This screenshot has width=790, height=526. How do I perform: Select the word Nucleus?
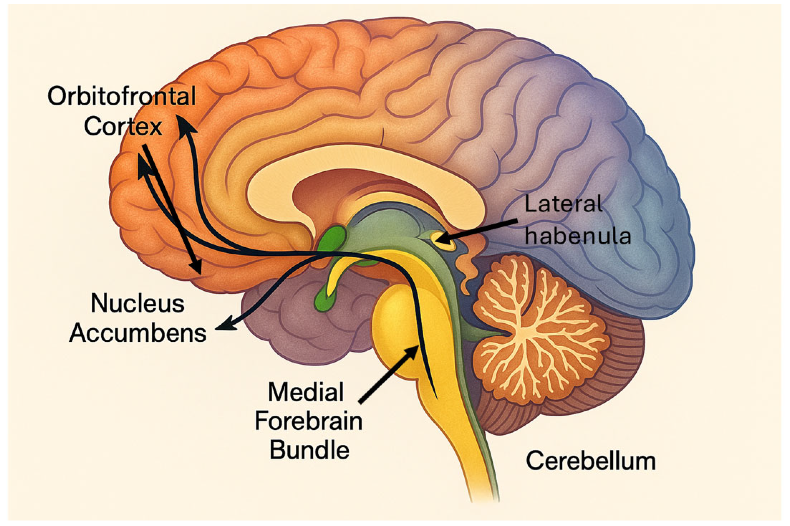tap(137, 304)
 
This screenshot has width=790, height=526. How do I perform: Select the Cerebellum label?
tap(591, 461)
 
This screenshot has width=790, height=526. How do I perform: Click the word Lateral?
tap(563, 205)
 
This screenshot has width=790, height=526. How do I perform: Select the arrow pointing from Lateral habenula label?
tap(479, 231)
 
